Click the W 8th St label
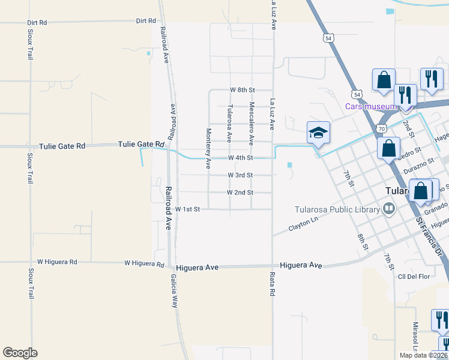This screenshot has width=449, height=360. tap(243, 89)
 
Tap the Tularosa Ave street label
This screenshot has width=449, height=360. tap(229, 124)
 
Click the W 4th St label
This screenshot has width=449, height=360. tap(240, 158)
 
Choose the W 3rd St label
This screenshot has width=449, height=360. tap(240, 175)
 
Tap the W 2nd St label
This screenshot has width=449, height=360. tap(240, 193)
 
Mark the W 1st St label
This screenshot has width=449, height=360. tap(187, 209)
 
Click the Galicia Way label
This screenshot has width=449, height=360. tap(173, 291)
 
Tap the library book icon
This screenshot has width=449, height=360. tap(390, 209)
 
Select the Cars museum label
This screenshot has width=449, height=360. tap(370, 107)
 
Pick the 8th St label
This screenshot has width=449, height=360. tap(361, 241)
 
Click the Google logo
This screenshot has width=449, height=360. tap(20, 353)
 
